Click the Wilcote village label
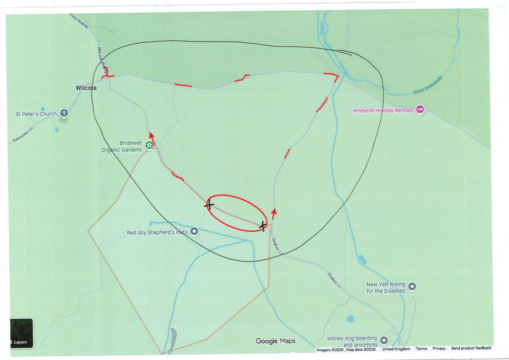point(86,88)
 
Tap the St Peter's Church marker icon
point(64,113)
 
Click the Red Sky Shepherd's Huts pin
point(194,231)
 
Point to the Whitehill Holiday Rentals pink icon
point(420,109)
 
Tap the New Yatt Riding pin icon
point(412,286)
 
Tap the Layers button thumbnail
point(21,334)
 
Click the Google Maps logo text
point(275,341)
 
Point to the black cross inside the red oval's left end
point(209,204)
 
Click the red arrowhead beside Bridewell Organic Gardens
point(152,136)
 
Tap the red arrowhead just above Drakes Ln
point(274,212)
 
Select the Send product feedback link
point(471,349)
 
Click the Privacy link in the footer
point(439,349)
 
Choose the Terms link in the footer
point(421,349)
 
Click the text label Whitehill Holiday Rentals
point(383,110)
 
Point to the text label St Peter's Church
point(36,114)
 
